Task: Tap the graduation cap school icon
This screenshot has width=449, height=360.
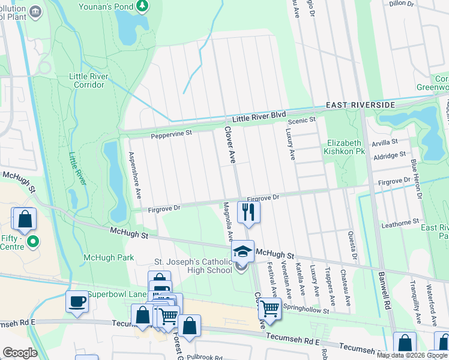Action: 243,251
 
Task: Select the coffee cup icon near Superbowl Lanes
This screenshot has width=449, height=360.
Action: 77,301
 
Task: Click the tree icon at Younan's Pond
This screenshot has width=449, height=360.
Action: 142,6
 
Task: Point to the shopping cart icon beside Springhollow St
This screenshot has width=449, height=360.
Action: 270,308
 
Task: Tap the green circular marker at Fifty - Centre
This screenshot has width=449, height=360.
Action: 33,242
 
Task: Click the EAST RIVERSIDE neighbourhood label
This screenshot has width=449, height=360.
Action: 360,105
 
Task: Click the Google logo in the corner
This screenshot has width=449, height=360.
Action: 20,353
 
